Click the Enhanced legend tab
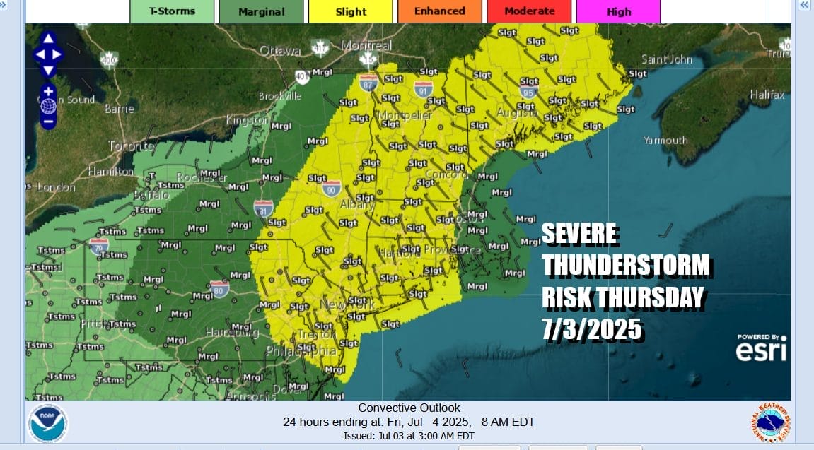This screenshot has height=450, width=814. pos(439,11)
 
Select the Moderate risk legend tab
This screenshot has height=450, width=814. pos(529,11)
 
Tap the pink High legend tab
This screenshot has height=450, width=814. pos(619,11)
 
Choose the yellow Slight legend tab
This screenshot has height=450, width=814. pos(351,11)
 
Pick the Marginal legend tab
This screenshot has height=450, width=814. pos(261,11)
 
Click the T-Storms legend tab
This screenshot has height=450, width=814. pos(171,11)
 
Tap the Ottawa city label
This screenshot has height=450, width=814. pos(280,51)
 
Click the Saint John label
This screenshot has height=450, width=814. pos(667,59)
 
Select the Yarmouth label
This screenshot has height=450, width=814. pos(665,140)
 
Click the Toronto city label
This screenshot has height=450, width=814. pos(131,146)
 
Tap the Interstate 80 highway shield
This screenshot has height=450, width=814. pos(219,288)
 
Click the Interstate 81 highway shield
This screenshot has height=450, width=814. pos(263,208)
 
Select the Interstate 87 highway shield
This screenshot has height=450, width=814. pos(368,83)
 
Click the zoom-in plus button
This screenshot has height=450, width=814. pos(48,91)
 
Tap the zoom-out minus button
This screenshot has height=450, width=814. pos(48,121)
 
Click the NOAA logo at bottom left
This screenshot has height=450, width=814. pos(47,422)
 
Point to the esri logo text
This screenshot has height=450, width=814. pos(761,351)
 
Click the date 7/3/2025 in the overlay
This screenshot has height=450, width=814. pos(591,328)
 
